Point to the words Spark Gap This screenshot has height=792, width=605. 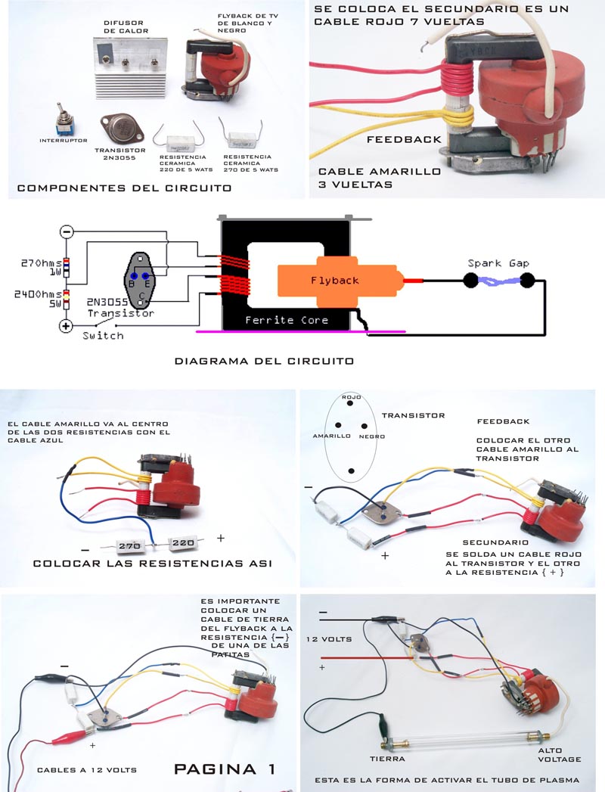(x=498, y=263)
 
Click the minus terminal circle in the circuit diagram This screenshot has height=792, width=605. (x=67, y=232)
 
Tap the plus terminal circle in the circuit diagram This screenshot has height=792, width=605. (x=67, y=325)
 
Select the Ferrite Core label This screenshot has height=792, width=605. (x=287, y=320)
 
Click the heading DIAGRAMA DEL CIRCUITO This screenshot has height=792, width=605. (x=264, y=362)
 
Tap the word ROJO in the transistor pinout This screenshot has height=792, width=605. (x=352, y=397)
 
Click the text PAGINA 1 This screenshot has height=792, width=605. (x=225, y=769)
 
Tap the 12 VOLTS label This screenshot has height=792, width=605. (x=330, y=639)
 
